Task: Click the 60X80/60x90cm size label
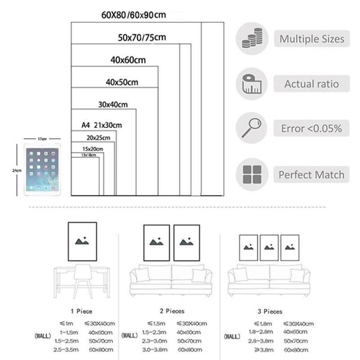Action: [133, 15]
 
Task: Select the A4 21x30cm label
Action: [102, 125]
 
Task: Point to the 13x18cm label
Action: [88, 155]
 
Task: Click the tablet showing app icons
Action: [42, 169]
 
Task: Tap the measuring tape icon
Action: [252, 84]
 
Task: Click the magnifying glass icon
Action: [252, 128]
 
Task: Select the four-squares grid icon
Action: [252, 175]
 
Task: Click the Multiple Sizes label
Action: [312, 39]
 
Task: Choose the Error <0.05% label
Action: [311, 129]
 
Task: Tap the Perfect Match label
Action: [311, 175]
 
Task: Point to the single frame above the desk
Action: [82, 242]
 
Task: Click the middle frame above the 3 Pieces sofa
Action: [269, 247]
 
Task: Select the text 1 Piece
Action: [81, 311]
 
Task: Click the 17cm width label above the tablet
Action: [42, 139]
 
